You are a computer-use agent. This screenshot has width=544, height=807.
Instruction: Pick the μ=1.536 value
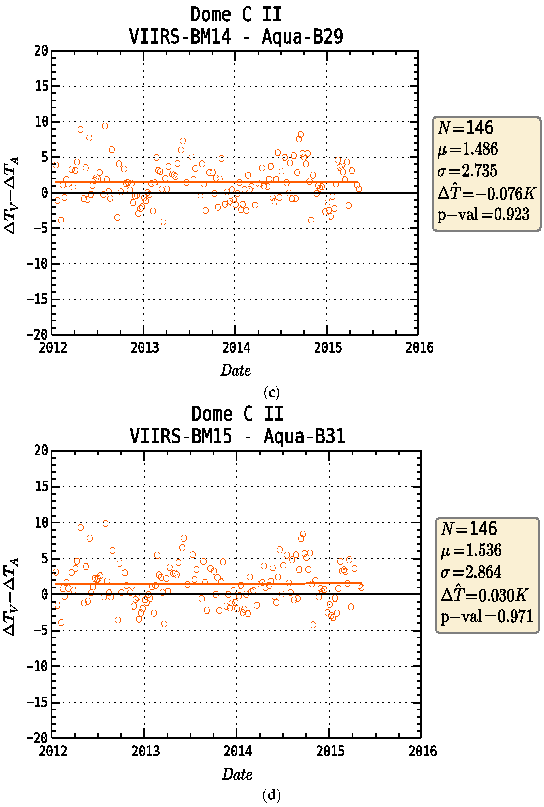pyautogui.click(x=471, y=550)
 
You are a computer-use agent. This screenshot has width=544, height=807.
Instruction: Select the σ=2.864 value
pyautogui.click(x=470, y=572)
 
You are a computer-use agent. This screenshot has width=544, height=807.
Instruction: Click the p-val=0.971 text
pyautogui.click(x=486, y=616)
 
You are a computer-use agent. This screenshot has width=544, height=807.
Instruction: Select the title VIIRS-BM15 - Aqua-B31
pyautogui.click(x=237, y=436)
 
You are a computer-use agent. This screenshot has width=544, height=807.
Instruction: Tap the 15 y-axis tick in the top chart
pyautogui.click(x=42, y=86)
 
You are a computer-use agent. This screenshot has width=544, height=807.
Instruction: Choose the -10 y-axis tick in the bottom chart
pyautogui.click(x=37, y=666)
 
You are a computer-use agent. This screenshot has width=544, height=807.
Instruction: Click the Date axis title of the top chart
pyautogui.click(x=236, y=370)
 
